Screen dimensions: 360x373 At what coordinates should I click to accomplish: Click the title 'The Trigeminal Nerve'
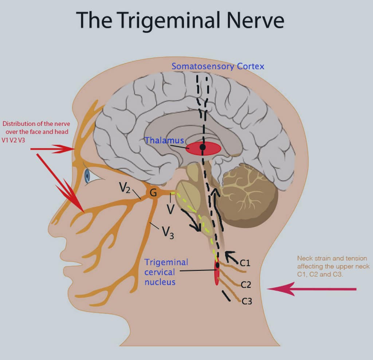pos(180,20)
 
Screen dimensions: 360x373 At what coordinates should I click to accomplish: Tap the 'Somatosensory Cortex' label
pos(218,66)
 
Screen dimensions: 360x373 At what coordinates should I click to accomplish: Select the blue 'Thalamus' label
pos(164,140)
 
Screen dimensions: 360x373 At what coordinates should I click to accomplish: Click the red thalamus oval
pos(203,148)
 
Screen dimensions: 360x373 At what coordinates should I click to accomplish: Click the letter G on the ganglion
pos(153,193)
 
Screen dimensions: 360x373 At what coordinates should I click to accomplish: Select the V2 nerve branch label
pos(125,188)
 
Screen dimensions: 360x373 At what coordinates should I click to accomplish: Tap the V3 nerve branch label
pos(168,232)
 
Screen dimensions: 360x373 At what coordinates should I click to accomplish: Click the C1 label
pos(245,262)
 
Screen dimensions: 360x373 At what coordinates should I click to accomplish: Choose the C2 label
pos(246,285)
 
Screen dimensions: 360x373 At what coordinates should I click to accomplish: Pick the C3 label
pos(247,301)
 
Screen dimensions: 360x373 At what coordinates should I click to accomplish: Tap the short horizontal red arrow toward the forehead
pos(52,149)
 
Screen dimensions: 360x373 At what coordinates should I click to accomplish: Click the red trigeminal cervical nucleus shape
pos(217,273)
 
